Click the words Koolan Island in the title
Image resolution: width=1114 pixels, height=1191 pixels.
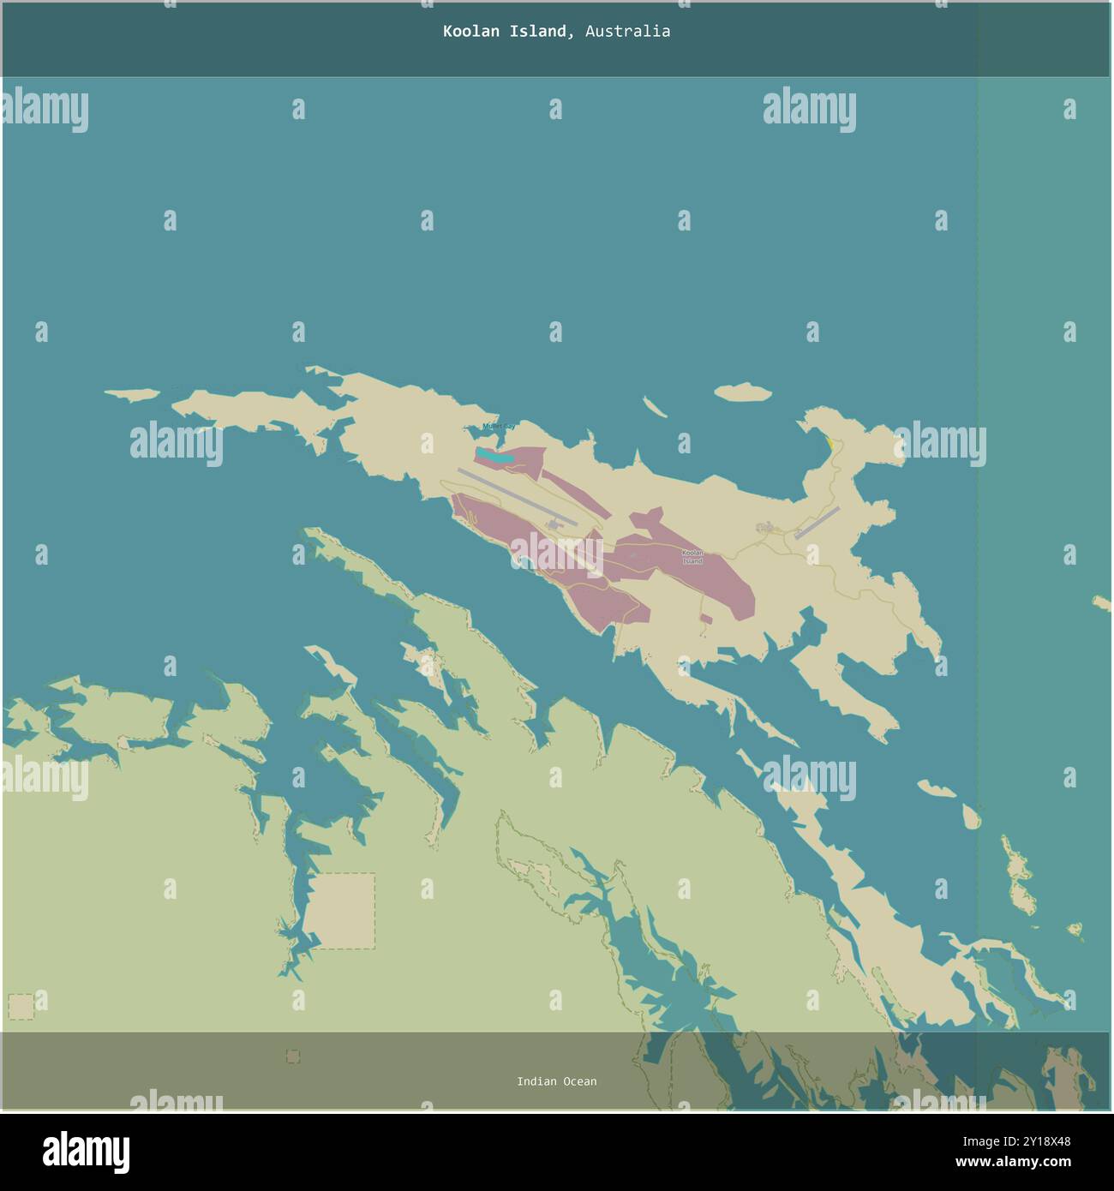[504, 32]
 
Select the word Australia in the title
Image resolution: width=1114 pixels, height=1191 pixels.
[627, 32]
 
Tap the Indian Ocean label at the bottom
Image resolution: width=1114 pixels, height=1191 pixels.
[556, 1081]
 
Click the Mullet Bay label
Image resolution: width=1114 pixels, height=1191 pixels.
[498, 426]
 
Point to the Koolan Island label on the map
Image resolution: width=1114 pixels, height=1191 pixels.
[692, 556]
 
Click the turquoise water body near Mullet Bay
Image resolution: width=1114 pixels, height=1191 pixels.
[495, 457]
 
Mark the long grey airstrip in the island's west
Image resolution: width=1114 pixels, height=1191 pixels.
[517, 496]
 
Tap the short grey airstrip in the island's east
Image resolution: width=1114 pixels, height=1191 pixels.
[817, 523]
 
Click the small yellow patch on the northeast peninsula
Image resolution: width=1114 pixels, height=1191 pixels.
[830, 445]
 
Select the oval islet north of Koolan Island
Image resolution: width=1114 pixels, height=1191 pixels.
[742, 392]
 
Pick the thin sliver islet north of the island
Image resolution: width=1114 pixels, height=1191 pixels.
[656, 407]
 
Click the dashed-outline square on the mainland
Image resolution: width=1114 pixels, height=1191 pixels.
[341, 911]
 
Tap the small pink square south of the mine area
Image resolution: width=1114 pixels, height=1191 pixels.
[705, 619]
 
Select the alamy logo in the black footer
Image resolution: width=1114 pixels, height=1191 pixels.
[86, 1152]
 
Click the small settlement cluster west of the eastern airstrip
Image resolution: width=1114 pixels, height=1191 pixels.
[764, 528]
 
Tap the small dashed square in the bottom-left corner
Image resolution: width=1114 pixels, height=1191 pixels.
[21, 1006]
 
